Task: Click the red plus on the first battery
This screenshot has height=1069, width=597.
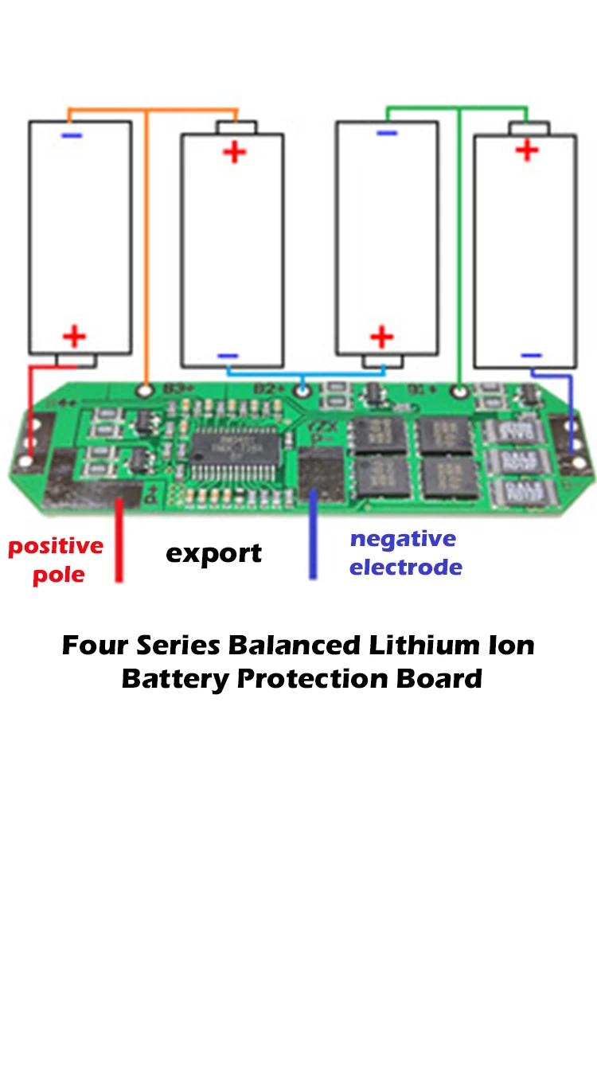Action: pos(74,336)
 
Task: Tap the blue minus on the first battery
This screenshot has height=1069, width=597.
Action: pos(72,136)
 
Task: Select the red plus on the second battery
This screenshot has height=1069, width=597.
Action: pos(234,151)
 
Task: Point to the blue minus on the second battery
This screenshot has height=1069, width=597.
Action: pos(228,356)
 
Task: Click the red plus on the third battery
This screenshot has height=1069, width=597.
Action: pos(382,336)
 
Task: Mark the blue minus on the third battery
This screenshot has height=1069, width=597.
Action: pos(387,133)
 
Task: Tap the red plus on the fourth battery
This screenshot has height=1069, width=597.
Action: pos(527,149)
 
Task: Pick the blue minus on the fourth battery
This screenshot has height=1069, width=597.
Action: pos(531,355)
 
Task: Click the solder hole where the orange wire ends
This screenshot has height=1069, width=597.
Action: pos(145,390)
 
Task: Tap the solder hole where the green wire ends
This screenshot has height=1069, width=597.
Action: pos(459,391)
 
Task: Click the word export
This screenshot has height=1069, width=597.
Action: pos(213,553)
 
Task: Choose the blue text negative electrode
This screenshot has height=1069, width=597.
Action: pos(405,553)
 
